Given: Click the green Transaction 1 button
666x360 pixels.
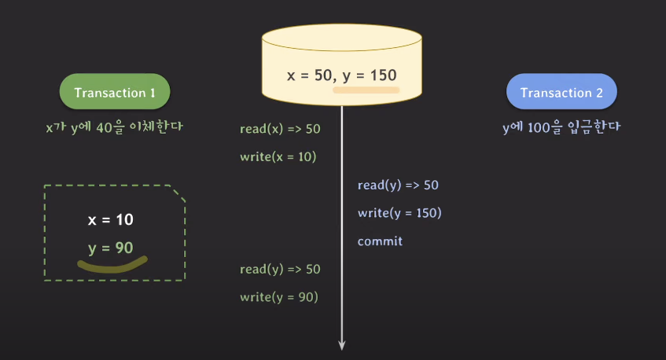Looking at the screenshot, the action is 115,93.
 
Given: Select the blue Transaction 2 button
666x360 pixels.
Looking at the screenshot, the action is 561,93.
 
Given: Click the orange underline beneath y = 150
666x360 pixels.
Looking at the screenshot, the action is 366,90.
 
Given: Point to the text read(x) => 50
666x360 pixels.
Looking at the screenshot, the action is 280,129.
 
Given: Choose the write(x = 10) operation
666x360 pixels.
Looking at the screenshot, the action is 278,156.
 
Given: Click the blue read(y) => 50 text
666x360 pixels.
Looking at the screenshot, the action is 398,185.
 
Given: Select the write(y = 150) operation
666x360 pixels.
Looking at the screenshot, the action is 399,213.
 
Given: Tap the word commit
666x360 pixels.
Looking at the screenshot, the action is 380,241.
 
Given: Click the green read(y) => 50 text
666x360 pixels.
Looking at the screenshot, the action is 280,270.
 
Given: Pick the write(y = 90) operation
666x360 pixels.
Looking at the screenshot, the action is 278,297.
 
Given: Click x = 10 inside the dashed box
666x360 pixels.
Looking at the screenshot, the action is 110,220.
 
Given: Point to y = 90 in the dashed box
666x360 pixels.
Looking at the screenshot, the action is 110,248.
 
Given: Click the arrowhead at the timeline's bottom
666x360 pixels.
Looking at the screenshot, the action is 343,343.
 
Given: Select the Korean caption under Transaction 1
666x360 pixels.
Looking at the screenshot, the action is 114,126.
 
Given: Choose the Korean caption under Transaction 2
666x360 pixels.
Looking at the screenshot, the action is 561,126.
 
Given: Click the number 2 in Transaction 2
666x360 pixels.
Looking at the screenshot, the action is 599,93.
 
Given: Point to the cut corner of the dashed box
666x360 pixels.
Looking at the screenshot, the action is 178,193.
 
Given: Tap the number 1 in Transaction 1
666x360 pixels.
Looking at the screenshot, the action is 152,93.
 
